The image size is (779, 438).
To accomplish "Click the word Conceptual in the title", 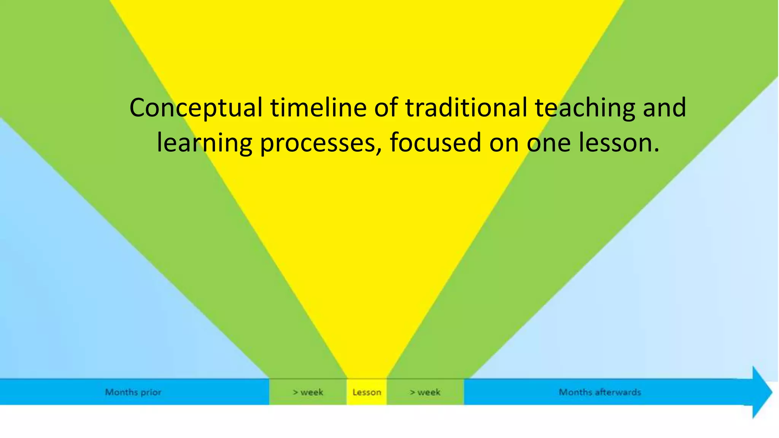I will click(x=196, y=108).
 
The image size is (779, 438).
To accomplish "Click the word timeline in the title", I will click(x=318, y=107).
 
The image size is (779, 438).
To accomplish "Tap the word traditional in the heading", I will click(x=466, y=107).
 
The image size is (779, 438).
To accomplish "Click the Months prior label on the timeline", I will click(x=133, y=392).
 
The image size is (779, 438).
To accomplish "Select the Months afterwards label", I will click(x=599, y=392).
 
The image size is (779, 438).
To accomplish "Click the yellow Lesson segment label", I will click(x=367, y=392).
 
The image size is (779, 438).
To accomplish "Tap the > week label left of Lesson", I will click(x=308, y=392).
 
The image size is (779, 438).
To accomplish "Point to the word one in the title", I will click(x=548, y=143).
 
